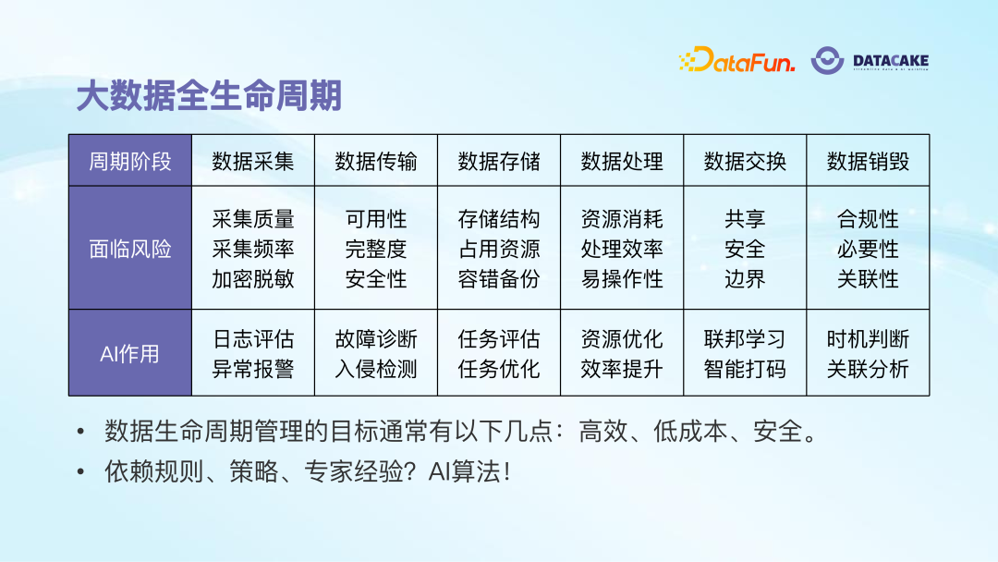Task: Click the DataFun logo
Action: [736, 61]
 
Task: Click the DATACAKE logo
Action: [870, 61]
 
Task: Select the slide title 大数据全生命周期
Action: [209, 97]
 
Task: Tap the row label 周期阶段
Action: [130, 162]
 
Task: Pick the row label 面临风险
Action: [130, 249]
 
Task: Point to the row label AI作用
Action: [130, 354]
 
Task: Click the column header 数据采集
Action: [252, 162]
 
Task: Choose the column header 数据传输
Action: [375, 162]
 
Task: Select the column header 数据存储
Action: [498, 162]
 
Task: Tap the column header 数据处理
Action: [622, 162]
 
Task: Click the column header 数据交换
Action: [745, 162]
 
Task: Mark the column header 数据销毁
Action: [868, 162]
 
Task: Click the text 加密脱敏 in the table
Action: [252, 279]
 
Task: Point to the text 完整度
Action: [375, 250]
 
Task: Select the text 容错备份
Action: [498, 279]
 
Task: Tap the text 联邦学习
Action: [745, 339]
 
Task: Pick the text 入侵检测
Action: [375, 370]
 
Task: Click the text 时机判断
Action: [868, 339]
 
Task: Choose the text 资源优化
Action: [622, 339]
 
